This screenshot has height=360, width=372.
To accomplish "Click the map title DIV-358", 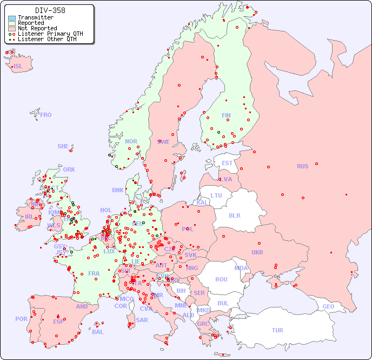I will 50,10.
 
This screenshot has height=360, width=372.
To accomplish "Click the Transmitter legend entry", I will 35,18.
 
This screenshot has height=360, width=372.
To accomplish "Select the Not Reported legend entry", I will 37,28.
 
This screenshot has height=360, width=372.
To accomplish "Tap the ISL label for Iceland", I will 18,67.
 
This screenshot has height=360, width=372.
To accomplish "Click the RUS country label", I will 302,166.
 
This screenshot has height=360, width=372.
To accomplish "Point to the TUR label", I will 277,330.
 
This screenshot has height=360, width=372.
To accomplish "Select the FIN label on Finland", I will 226,115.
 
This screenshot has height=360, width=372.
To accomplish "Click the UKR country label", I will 257,252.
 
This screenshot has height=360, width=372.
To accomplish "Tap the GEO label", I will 328,306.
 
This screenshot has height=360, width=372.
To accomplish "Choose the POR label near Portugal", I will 21,319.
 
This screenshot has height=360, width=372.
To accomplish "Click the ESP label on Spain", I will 58,321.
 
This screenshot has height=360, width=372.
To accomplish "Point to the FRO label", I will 46,115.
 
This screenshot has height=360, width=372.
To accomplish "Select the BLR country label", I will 235,215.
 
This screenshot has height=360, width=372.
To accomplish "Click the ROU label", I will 221,279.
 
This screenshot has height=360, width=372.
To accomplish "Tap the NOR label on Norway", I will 131,141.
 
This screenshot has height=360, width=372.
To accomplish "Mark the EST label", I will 227,163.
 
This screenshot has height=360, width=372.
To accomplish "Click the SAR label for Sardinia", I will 142,320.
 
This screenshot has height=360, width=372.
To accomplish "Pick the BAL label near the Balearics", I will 97,332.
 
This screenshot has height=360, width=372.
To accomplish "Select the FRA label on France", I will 94,273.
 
